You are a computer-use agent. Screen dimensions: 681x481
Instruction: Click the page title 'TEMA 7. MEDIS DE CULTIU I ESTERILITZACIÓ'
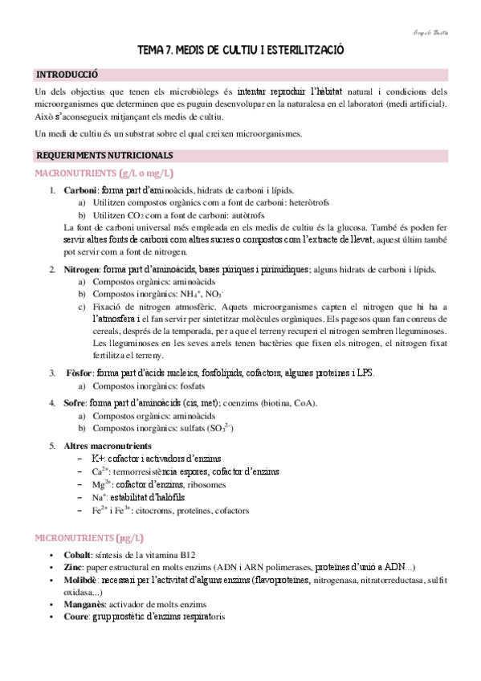(241, 50)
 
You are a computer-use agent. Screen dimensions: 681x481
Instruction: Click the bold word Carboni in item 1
(81, 190)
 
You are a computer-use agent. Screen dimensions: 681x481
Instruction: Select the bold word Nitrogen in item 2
(82, 271)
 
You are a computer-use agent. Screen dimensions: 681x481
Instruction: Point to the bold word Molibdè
(81, 580)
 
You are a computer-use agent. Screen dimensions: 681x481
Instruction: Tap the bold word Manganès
(85, 604)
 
